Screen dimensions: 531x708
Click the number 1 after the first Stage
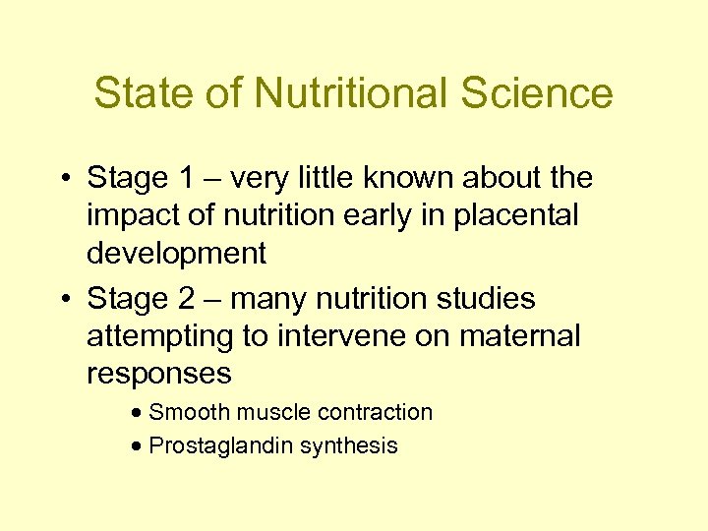188,178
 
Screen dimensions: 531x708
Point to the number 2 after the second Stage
188,298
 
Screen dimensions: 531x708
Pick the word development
176,254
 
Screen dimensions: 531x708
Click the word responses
159,374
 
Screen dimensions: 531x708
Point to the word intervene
338,335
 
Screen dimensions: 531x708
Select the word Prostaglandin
220,445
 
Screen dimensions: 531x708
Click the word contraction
378,412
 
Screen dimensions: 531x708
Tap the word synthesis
348,445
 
